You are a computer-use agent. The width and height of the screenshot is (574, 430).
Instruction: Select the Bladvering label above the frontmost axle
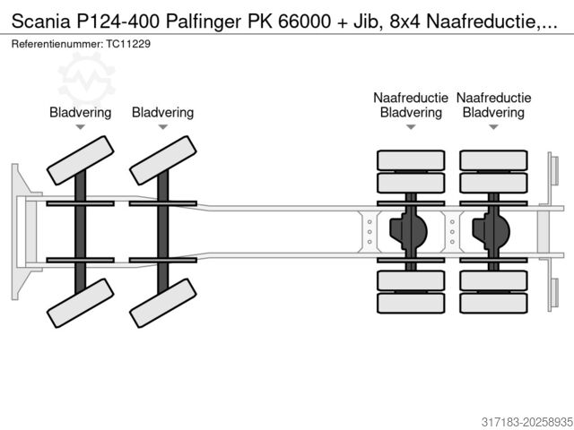tap(80, 113)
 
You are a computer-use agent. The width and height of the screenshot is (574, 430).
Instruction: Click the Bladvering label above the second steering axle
tap(162, 113)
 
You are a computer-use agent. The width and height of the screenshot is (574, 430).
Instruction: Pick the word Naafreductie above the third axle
tap(411, 98)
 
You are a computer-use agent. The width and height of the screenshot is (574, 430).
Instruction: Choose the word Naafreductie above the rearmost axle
tap(493, 98)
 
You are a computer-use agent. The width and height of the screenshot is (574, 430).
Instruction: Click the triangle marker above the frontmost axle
tap(80, 128)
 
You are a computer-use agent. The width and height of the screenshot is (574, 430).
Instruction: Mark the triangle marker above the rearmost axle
tap(493, 128)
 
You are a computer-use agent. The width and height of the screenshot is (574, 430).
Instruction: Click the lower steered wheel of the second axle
tap(162, 303)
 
